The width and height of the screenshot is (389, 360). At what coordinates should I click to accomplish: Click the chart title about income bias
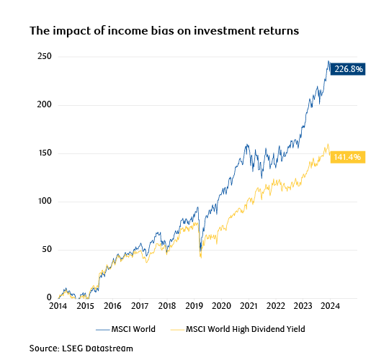point(164,32)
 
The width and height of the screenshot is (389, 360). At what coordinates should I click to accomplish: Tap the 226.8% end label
point(349,70)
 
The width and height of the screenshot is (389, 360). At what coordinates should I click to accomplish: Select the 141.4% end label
point(347,157)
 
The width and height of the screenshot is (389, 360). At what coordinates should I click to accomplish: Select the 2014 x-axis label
point(58,306)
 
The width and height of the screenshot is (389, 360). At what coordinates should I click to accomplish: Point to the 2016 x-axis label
point(113,306)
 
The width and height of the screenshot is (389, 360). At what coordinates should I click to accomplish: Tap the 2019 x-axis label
point(194,306)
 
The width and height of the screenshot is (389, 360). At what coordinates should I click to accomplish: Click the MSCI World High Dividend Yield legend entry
point(242,329)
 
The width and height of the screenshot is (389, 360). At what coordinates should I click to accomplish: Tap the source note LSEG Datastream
point(81,348)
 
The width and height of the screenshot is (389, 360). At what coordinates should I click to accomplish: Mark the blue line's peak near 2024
point(328,61)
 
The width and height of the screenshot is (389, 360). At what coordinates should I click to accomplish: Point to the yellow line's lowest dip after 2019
point(200,257)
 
